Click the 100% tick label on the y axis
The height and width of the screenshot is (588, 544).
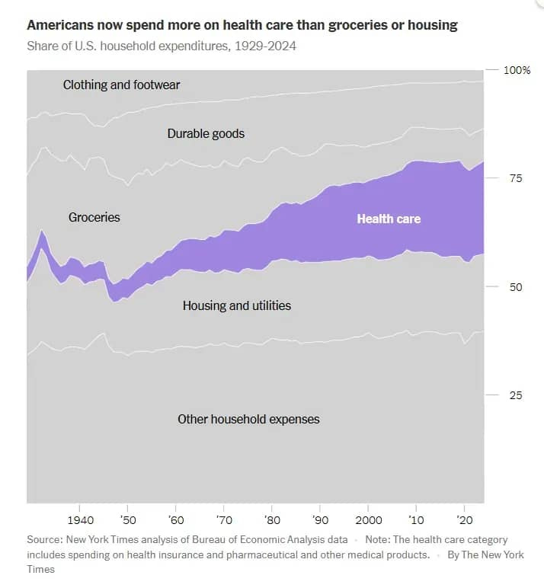pyautogui.click(x=517, y=70)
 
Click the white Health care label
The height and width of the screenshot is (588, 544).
pyautogui.click(x=389, y=219)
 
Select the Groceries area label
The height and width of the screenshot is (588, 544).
pyautogui.click(x=94, y=217)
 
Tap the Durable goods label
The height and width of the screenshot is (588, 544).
pyautogui.click(x=206, y=133)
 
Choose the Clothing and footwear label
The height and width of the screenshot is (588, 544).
pyautogui.click(x=121, y=85)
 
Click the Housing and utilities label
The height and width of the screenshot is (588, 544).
pyautogui.click(x=236, y=305)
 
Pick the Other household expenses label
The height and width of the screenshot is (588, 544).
pyautogui.click(x=248, y=419)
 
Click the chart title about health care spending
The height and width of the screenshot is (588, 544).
pyautogui.click(x=242, y=25)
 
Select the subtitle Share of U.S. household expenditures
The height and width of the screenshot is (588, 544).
pyautogui.click(x=162, y=46)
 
